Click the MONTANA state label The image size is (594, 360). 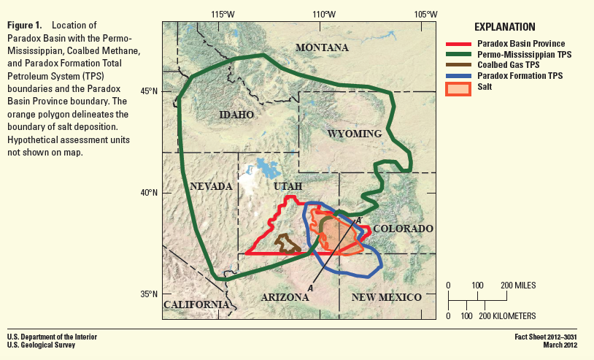[322, 48]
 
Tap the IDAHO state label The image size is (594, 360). [236, 115]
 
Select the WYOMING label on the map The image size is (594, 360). [355, 134]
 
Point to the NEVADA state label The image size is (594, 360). [211, 186]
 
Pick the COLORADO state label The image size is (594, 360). [404, 229]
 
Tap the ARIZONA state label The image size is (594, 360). [285, 297]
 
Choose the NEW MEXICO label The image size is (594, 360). [386, 297]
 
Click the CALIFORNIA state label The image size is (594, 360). [194, 305]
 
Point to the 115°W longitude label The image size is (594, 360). [223, 14]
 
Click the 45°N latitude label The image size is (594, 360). [149, 91]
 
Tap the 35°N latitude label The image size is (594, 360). [149, 294]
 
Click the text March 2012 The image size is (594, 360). [558, 345]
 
